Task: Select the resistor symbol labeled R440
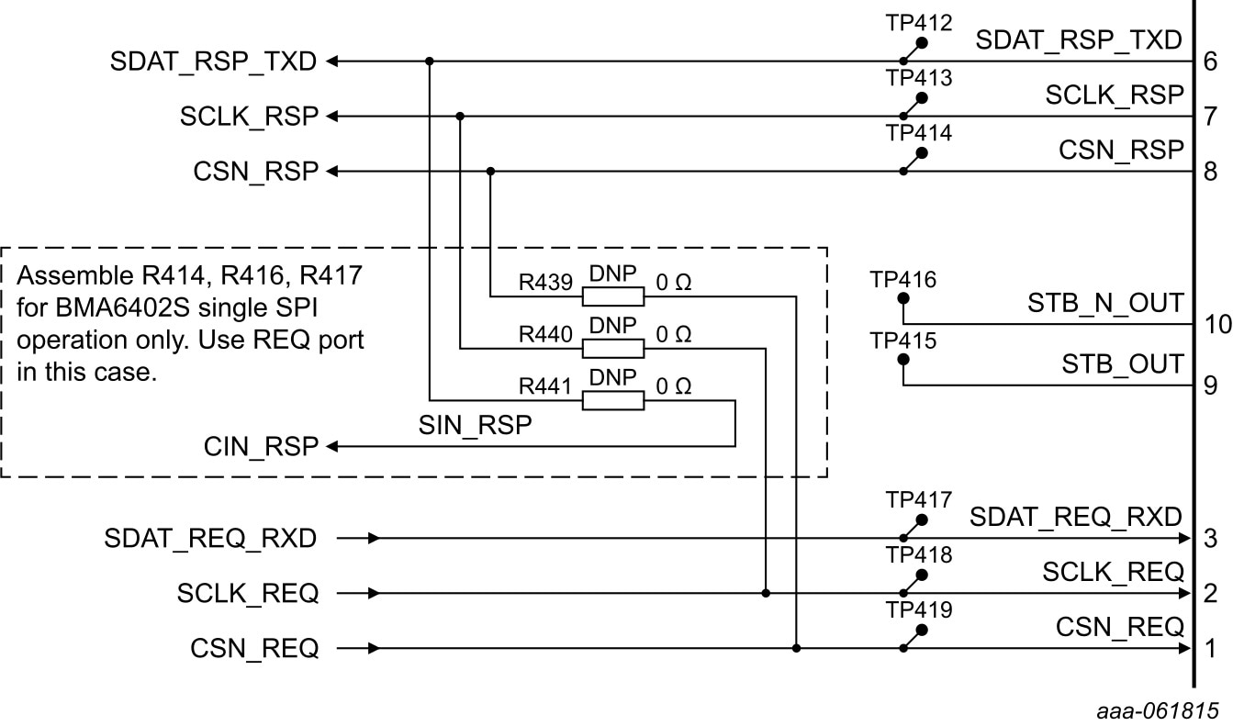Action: click(x=613, y=349)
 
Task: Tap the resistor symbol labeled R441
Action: click(x=613, y=400)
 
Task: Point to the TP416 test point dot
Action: click(x=903, y=298)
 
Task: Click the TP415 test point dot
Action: click(x=903, y=360)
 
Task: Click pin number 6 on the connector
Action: click(x=1211, y=62)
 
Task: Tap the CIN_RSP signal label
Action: click(x=261, y=447)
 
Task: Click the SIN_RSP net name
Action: click(x=476, y=426)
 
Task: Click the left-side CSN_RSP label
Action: click(x=255, y=172)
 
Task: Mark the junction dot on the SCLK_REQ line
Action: click(x=766, y=594)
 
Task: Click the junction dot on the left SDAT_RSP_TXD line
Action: click(x=430, y=61)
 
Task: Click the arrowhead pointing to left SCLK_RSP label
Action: click(x=333, y=117)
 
